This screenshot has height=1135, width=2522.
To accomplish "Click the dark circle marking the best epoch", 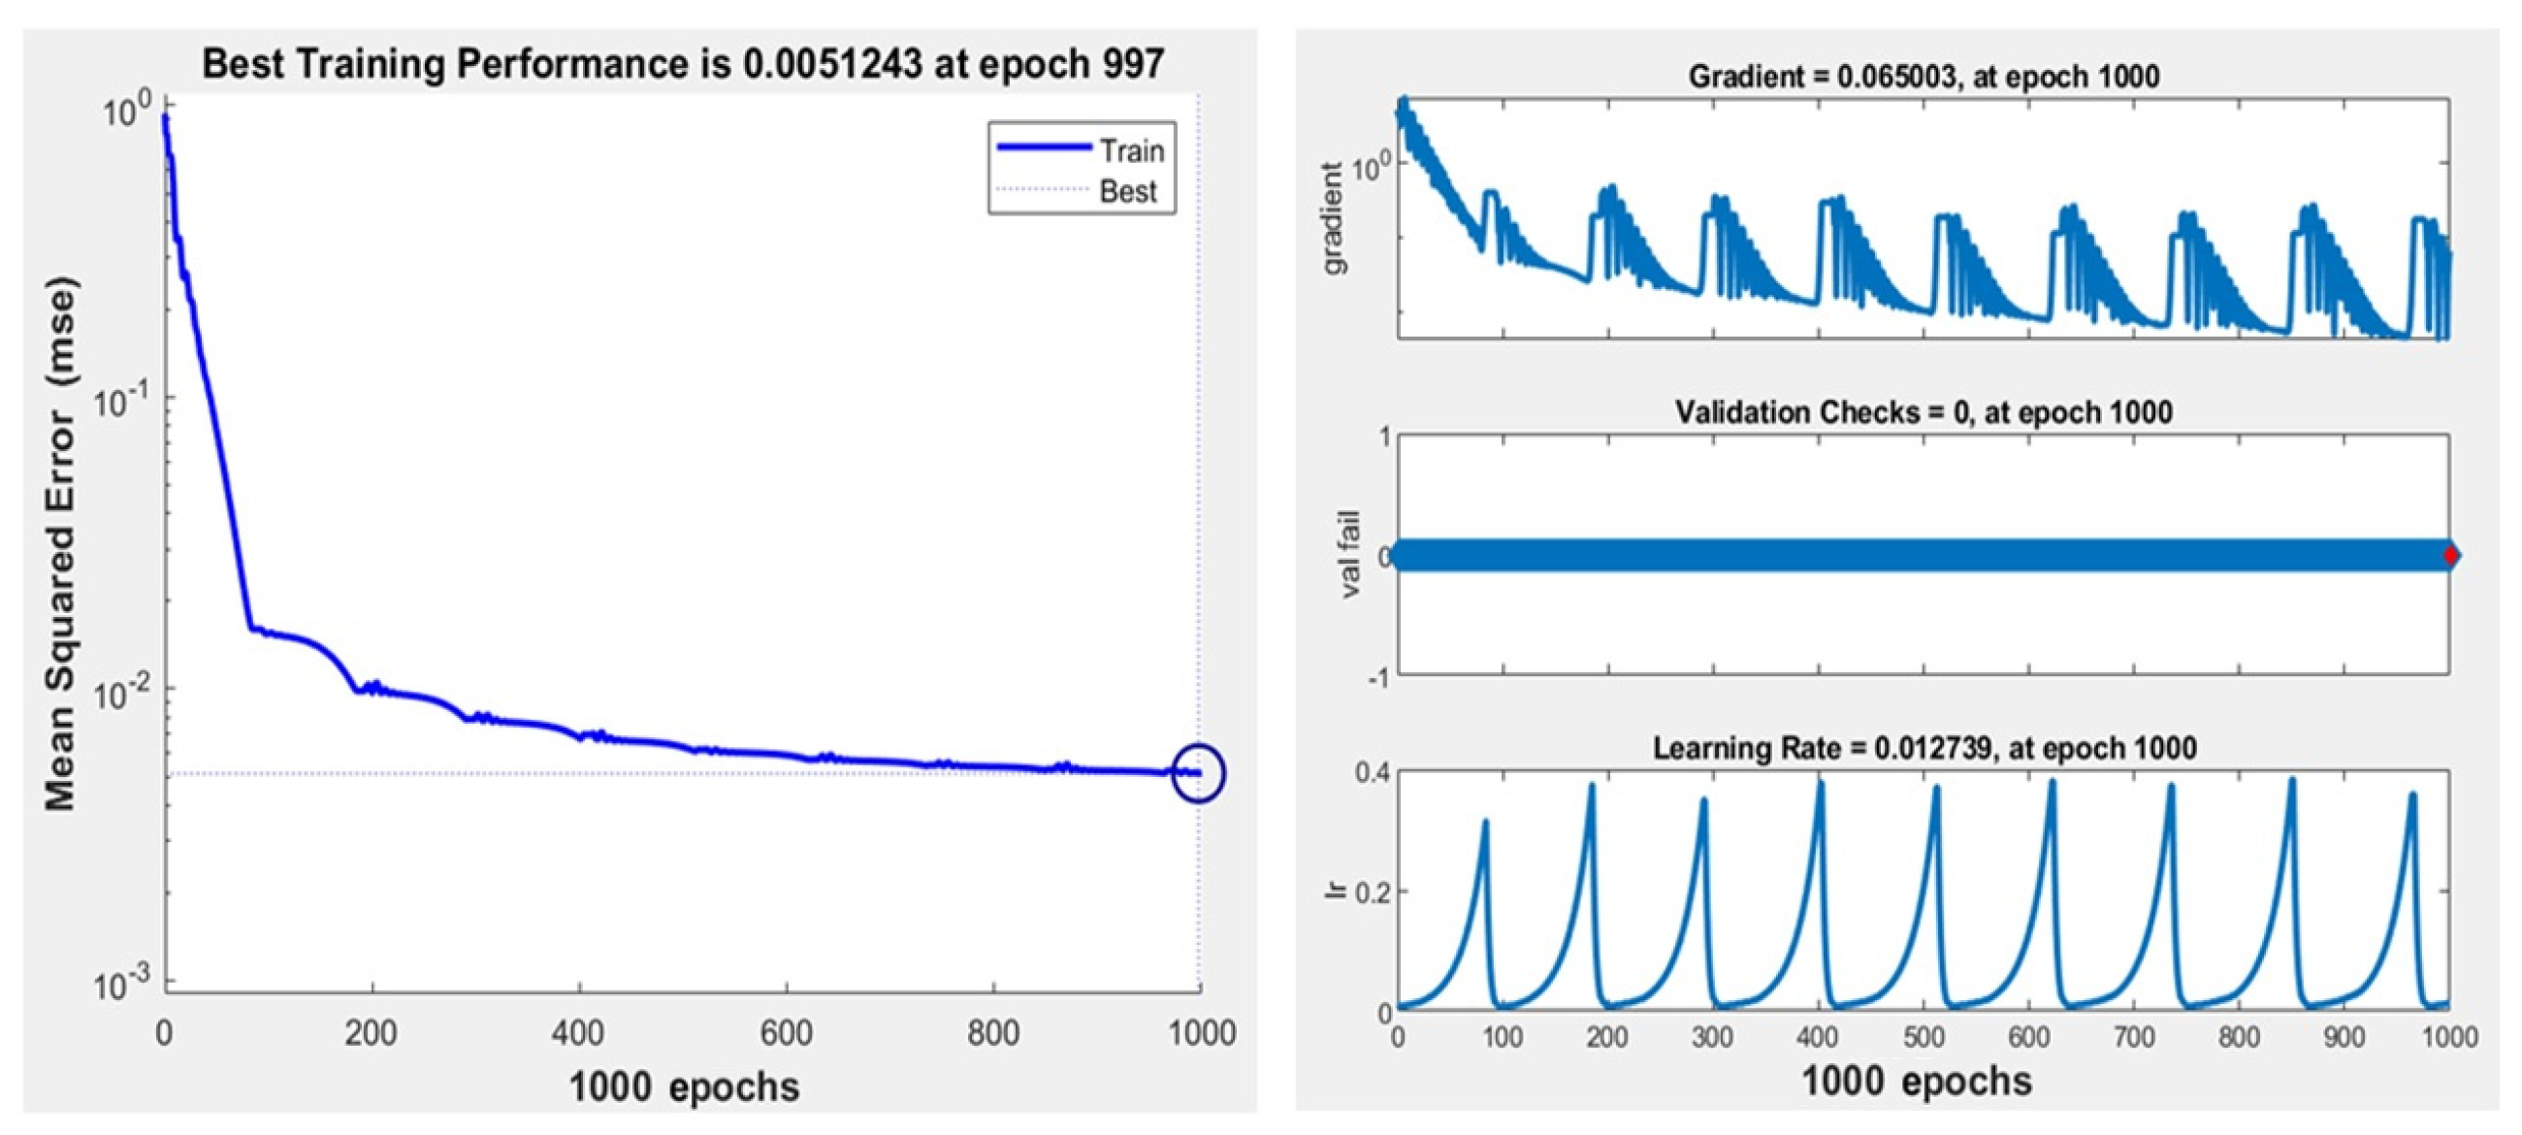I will coord(1198,773).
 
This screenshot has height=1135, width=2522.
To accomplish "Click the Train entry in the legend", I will coord(1130,150).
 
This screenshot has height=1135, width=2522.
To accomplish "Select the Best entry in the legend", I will coord(1127,191).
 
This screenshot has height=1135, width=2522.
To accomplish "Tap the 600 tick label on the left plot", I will coord(786,1033).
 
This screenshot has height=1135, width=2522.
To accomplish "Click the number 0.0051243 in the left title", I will coord(832,65).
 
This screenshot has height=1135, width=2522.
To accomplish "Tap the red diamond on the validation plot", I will coord(2449,556).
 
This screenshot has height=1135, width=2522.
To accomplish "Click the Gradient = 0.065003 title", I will coord(1923,77).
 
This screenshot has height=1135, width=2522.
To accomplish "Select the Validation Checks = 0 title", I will coord(1923,412).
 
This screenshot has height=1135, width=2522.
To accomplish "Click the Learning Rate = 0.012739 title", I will coord(1923,749).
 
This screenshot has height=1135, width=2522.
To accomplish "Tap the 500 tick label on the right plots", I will coord(1923,1037).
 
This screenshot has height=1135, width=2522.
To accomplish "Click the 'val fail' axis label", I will coord(1350,555).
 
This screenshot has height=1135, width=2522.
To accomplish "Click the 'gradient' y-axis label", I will coord(1333,219).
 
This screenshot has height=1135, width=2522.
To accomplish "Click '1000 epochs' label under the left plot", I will coord(684,1087).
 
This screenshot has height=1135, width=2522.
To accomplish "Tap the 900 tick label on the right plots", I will coord(2344,1037).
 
